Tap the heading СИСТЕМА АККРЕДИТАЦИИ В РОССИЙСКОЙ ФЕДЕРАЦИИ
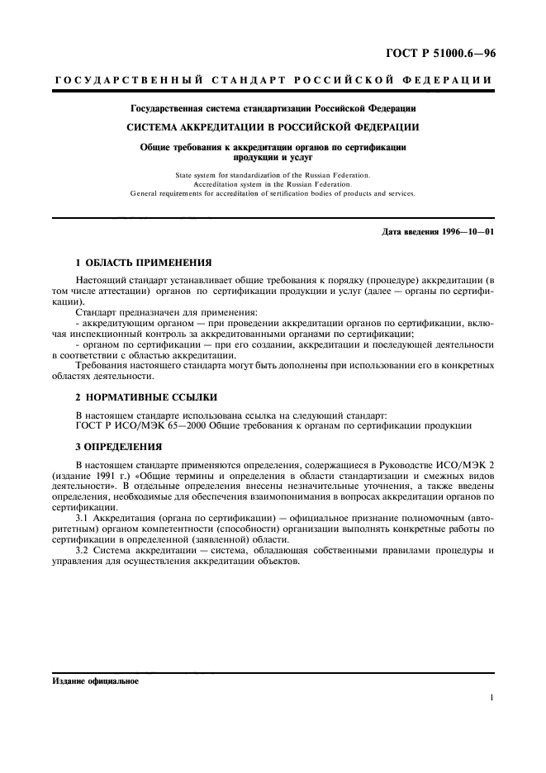click(x=272, y=127)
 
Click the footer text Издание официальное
click(x=95, y=682)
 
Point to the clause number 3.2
click(x=83, y=549)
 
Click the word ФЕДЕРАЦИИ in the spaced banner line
click(x=451, y=80)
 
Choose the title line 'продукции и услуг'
click(x=273, y=156)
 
